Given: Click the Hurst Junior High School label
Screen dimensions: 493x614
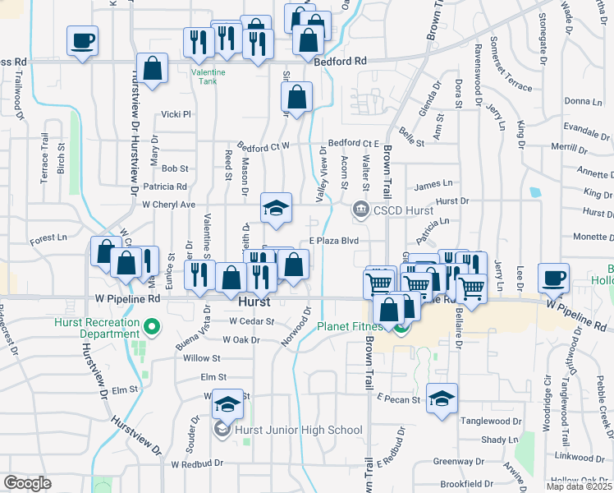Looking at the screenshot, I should click(299, 430).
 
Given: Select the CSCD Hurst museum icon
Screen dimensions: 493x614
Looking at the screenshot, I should click(360, 211).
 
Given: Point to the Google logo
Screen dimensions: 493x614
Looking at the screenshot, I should click(27, 483).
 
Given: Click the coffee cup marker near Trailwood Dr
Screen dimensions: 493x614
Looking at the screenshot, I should click(83, 41).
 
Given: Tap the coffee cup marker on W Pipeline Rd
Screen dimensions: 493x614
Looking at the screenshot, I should click(554, 278).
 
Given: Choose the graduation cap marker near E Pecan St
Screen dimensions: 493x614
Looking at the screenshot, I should click(442, 399).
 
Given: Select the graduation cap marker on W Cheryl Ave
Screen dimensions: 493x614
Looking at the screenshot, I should click(277, 208).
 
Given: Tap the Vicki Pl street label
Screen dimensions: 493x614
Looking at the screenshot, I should click(176, 114).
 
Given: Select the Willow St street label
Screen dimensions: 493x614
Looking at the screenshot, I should click(202, 358).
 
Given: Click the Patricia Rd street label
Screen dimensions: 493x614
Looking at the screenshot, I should click(165, 187).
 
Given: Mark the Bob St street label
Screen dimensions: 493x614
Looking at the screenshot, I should click(175, 168).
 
